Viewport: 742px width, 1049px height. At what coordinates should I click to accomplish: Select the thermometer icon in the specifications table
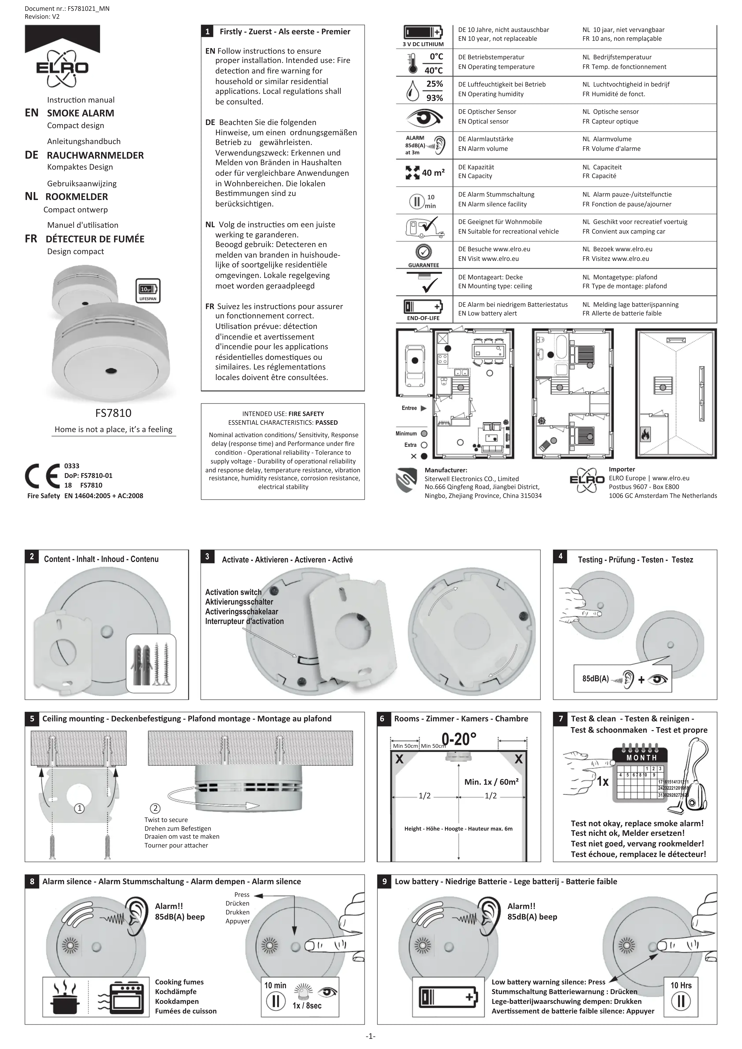click(413, 63)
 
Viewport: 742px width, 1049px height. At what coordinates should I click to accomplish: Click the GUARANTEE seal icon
click(424, 252)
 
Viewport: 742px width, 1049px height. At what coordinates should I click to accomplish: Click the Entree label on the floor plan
click(409, 408)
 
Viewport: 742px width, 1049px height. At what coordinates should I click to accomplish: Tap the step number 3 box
click(207, 556)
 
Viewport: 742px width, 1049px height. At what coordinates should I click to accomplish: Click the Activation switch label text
click(233, 592)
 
